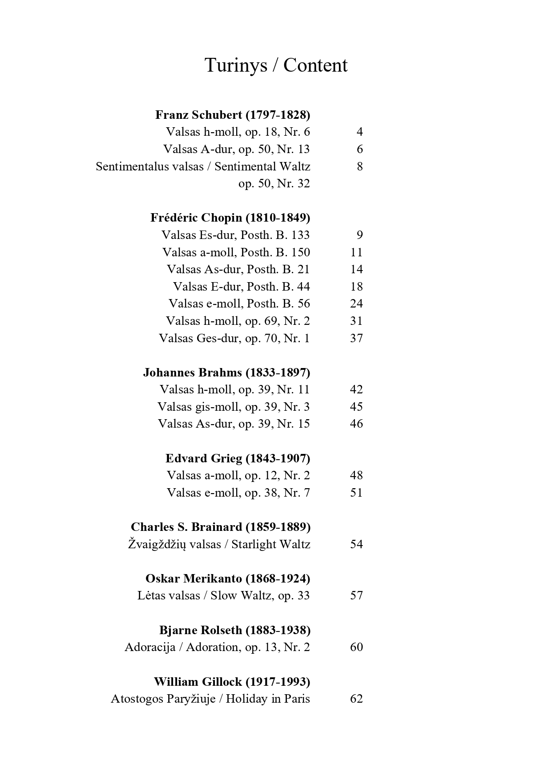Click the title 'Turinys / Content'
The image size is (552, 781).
point(276,65)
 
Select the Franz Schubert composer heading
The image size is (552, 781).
point(233,115)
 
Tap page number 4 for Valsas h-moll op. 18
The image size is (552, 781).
point(359,132)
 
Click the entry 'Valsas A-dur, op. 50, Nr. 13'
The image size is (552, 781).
point(236,149)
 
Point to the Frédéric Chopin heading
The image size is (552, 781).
point(230,218)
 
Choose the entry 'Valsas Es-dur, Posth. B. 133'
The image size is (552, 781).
point(235,235)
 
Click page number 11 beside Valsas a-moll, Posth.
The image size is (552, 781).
point(356,252)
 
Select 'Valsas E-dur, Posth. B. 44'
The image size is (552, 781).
point(241,287)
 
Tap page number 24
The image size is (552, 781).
point(356,303)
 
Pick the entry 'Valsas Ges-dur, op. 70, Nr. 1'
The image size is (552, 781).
point(234,338)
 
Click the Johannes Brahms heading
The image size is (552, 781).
point(226,372)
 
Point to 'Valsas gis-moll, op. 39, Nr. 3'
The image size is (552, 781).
point(234,407)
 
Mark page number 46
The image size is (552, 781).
point(356,424)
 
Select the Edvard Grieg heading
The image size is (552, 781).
point(238,458)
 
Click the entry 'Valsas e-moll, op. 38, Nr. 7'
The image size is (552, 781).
point(238,493)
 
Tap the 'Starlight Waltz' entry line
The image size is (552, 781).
point(219,544)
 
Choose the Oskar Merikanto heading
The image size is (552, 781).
point(228,579)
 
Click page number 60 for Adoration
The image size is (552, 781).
point(356,647)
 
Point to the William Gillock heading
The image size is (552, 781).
point(232,682)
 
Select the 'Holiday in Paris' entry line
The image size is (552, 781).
point(210,699)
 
